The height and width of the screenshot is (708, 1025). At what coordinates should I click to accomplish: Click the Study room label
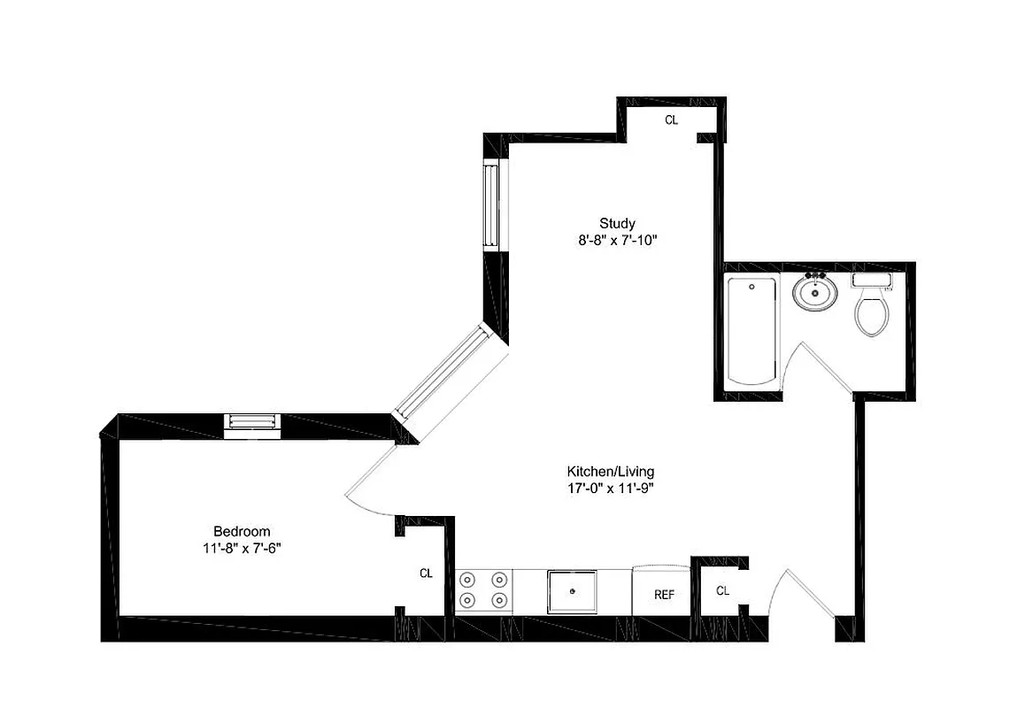point(617,223)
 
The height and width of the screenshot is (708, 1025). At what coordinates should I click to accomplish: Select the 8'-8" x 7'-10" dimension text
point(617,240)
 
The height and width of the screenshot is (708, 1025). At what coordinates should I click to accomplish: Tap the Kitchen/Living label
point(611,472)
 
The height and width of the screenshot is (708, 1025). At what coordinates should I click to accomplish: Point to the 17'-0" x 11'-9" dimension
point(611,488)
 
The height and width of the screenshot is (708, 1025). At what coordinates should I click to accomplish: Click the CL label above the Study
point(671,119)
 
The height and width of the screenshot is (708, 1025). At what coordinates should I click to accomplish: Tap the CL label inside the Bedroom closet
point(426,573)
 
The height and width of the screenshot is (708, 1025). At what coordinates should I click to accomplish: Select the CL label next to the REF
point(722,590)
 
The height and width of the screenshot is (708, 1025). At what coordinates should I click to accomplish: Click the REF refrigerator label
point(664,595)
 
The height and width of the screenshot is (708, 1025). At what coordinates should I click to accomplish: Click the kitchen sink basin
point(572,591)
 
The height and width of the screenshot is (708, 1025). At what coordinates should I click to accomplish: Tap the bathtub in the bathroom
point(751,331)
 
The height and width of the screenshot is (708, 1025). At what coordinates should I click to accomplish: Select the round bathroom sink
point(814,293)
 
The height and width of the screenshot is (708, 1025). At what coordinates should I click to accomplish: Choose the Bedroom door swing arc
point(367,482)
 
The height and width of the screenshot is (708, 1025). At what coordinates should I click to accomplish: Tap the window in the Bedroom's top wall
point(252,426)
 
